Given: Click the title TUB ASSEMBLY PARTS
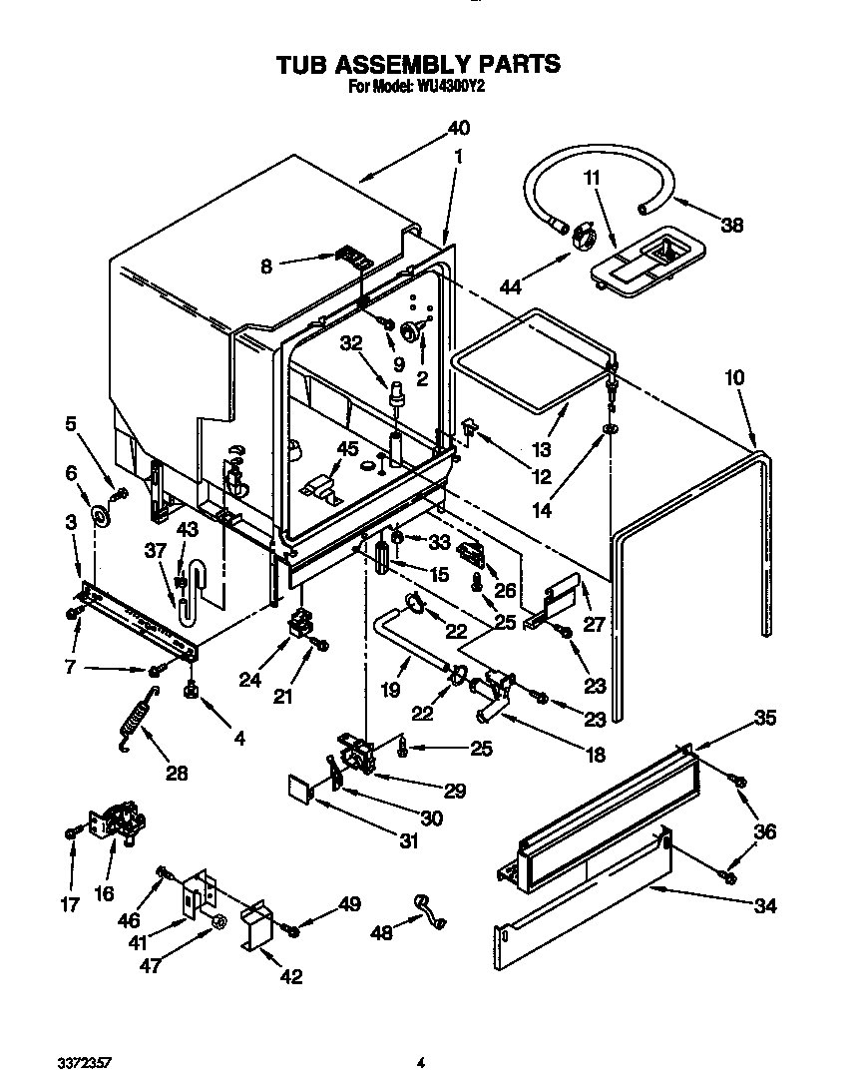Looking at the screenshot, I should pyautogui.click(x=418, y=65).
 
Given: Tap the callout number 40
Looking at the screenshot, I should pyautogui.click(x=458, y=129).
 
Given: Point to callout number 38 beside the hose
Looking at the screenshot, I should pyautogui.click(x=732, y=226).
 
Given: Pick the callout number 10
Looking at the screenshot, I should pyautogui.click(x=735, y=378).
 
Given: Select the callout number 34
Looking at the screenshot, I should pyautogui.click(x=764, y=905).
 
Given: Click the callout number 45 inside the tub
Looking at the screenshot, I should pyautogui.click(x=347, y=448).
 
